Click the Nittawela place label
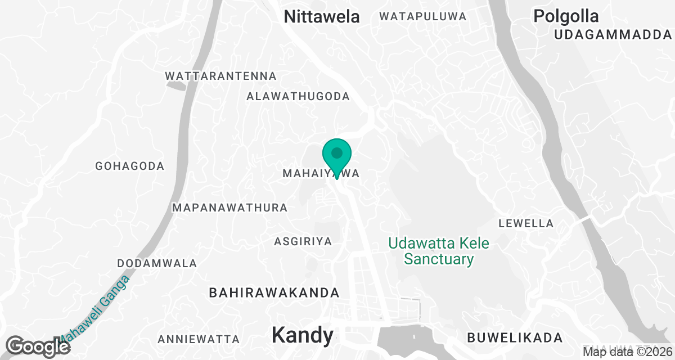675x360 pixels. click(322, 16)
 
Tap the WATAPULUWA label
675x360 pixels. click(423, 16)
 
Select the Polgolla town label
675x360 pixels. click(566, 16)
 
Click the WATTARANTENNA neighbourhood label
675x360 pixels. click(220, 76)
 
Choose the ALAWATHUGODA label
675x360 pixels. click(298, 97)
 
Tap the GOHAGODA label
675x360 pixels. click(130, 166)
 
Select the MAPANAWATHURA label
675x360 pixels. click(230, 208)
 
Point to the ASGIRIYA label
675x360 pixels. click(303, 241)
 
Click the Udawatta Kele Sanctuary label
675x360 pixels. click(439, 251)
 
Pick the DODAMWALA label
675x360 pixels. click(157, 263)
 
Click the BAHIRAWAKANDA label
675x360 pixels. click(274, 293)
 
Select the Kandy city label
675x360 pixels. click(302, 335)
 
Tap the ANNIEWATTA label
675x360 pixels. click(199, 340)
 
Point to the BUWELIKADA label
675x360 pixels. click(515, 338)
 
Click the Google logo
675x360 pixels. click(38, 346)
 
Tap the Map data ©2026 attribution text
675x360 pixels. click(627, 352)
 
